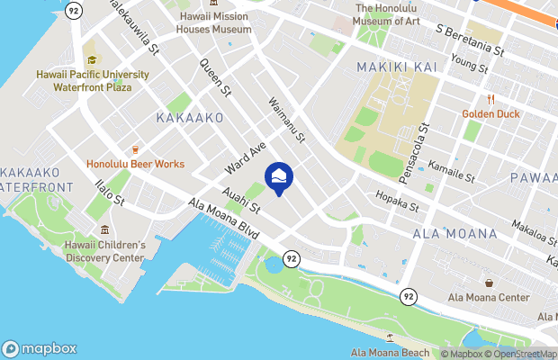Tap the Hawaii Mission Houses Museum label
tap(214, 22)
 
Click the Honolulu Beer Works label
tap(135, 164)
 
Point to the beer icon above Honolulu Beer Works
tap(135, 148)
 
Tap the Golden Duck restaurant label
tap(490, 113)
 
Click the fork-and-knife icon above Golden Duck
tap(490, 99)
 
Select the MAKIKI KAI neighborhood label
tap(396, 67)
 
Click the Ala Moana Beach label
tap(389, 351)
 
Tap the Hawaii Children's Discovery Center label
tap(104, 251)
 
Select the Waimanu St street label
tap(287, 120)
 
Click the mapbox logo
tap(40, 349)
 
